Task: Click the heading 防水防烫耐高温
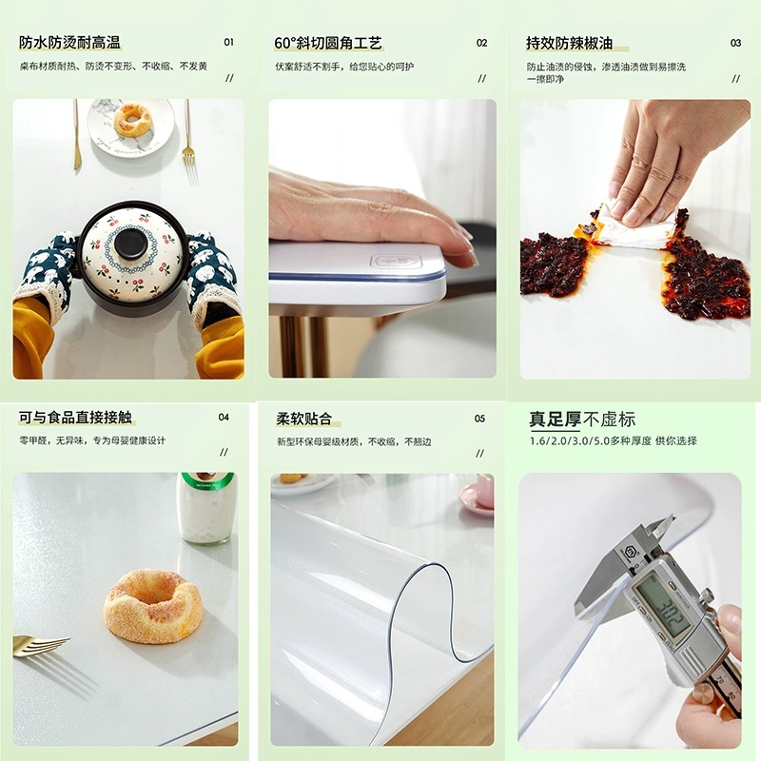coord(70,43)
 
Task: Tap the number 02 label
coord(481,43)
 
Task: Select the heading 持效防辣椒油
coord(569,43)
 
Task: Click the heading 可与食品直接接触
coord(75,417)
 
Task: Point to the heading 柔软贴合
coord(303,419)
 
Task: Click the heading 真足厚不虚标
coord(582,420)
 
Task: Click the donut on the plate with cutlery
coord(132,120)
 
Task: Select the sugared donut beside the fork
coord(153,605)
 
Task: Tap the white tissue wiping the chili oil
coord(633,231)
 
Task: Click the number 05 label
coord(479,419)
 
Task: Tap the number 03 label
coord(735,43)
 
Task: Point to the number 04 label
coord(224,417)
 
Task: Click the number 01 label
coord(228,43)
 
